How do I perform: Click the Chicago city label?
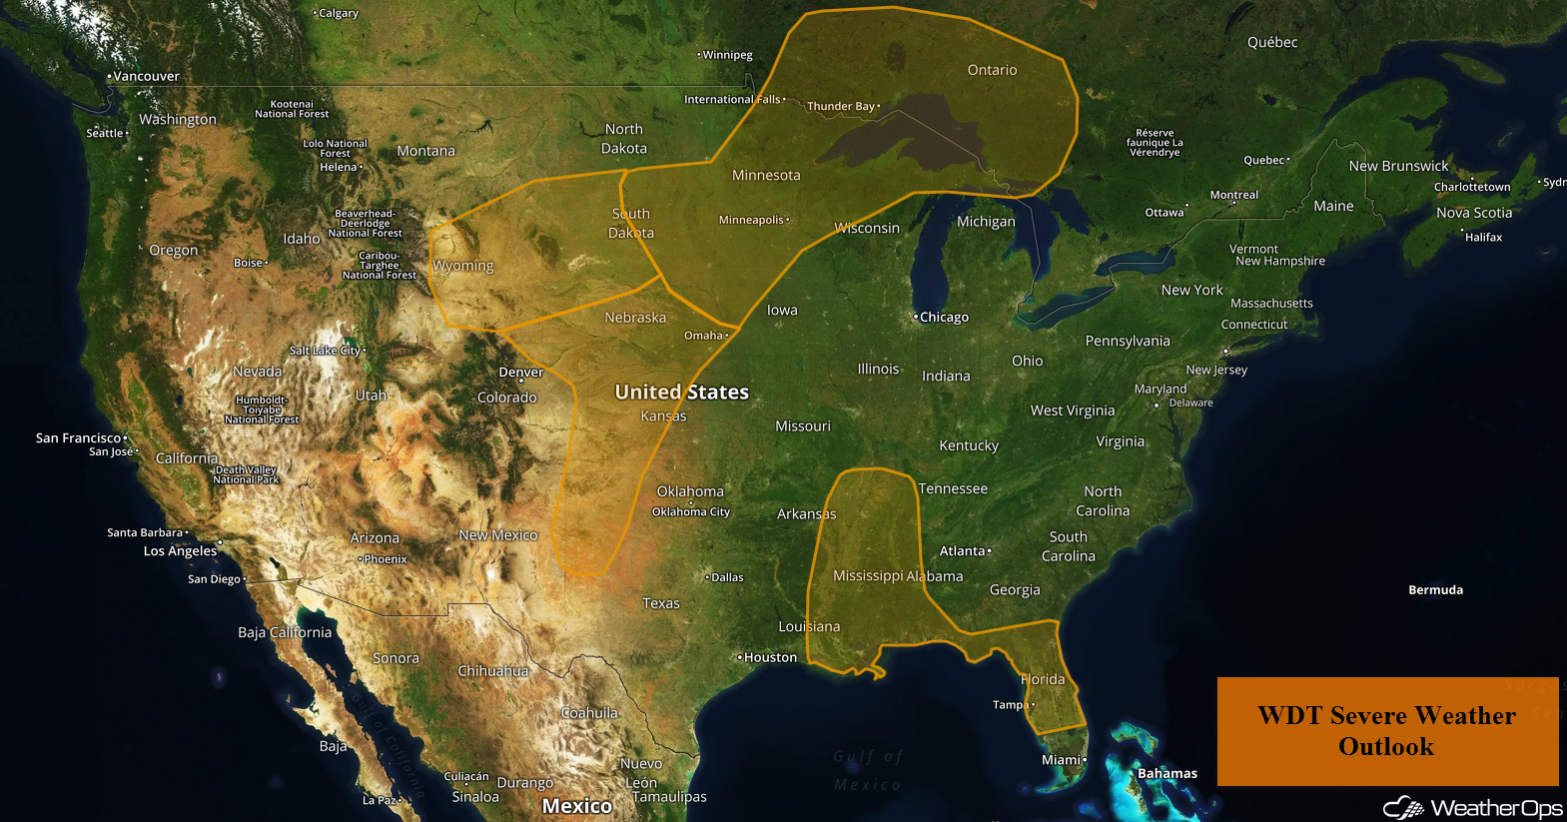point(944,318)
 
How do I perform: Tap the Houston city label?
point(770,657)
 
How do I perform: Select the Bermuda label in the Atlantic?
point(1435,590)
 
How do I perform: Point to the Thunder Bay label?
point(841,106)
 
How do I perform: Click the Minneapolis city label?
point(751,220)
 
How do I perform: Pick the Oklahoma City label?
point(691,511)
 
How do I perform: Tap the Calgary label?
point(339,13)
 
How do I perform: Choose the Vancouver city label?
point(146,76)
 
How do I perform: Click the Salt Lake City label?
point(325,351)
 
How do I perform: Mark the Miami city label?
point(1061,760)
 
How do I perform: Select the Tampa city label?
point(1010,705)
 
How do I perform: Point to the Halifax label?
point(1483,237)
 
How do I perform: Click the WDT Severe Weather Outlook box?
point(1386,730)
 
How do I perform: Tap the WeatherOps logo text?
point(1495,808)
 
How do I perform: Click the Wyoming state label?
point(463,266)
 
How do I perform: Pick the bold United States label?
point(681,393)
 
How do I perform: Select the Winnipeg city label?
point(727,55)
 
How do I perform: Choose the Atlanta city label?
point(962,551)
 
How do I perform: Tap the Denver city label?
point(521,373)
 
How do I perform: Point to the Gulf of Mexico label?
point(868,770)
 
